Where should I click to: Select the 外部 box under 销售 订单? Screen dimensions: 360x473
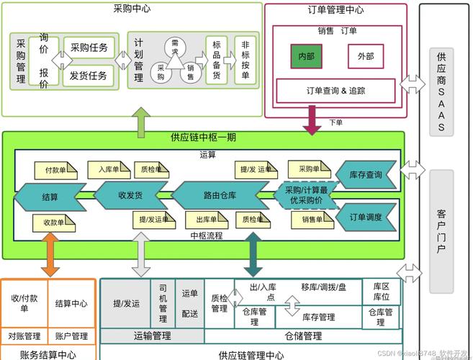pyautogui.click(x=365, y=56)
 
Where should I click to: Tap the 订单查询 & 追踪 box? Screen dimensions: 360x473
pyautogui.click(x=336, y=91)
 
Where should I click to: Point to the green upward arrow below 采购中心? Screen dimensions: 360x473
pyautogui.click(x=142, y=120)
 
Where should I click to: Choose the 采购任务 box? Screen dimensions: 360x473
pyautogui.click(x=89, y=48)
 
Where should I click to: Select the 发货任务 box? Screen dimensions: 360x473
pyautogui.click(x=89, y=75)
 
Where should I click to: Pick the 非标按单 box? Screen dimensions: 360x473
pyautogui.click(x=245, y=60)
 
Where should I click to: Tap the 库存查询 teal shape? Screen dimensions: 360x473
pyautogui.click(x=364, y=174)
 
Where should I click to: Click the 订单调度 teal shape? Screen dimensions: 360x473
pyautogui.click(x=364, y=217)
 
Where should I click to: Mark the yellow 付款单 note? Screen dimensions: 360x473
pyautogui.click(x=55, y=171)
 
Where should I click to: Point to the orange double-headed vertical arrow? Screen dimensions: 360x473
pyautogui.click(x=50, y=256)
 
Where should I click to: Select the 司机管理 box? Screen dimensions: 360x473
pyautogui.click(x=163, y=303)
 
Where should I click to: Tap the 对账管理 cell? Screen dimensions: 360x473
pyautogui.click(x=24, y=336)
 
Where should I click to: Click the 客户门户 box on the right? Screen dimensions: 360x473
pyautogui.click(x=441, y=230)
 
